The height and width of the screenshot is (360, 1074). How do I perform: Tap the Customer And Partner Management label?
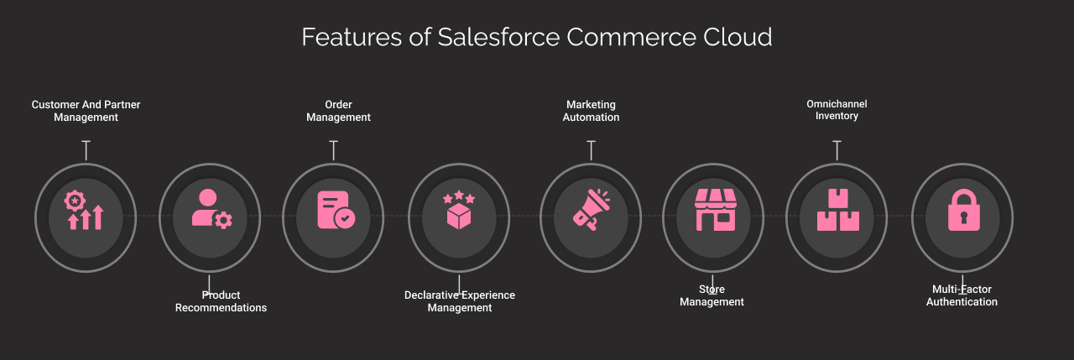pos(86,111)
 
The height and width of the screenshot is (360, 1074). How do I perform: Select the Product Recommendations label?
pos(221,301)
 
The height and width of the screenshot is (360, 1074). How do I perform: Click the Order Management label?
pos(338,111)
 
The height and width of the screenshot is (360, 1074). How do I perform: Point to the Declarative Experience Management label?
pos(460,301)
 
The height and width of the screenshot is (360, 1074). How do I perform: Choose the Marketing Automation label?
pos(591,111)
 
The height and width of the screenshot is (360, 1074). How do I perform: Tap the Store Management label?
pos(712,295)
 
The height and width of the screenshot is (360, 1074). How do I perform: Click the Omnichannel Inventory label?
pos(837,110)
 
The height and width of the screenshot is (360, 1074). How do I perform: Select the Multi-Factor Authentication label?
pos(962,295)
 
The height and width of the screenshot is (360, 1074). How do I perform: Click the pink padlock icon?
pos(963,210)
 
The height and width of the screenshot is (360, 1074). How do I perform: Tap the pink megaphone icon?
pos(592,209)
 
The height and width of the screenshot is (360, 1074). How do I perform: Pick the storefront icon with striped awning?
pos(715,210)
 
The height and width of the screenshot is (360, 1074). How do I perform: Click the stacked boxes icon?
pos(837,210)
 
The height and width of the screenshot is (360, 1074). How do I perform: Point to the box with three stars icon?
pos(459,211)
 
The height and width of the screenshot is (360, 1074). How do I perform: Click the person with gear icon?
pos(211,209)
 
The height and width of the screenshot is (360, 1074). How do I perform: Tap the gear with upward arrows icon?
pos(85,210)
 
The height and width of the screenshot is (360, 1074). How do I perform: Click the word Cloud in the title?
pos(737,38)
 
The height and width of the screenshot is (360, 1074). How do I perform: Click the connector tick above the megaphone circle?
pos(591,150)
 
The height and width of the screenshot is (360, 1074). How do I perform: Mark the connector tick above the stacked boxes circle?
pos(837,150)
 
